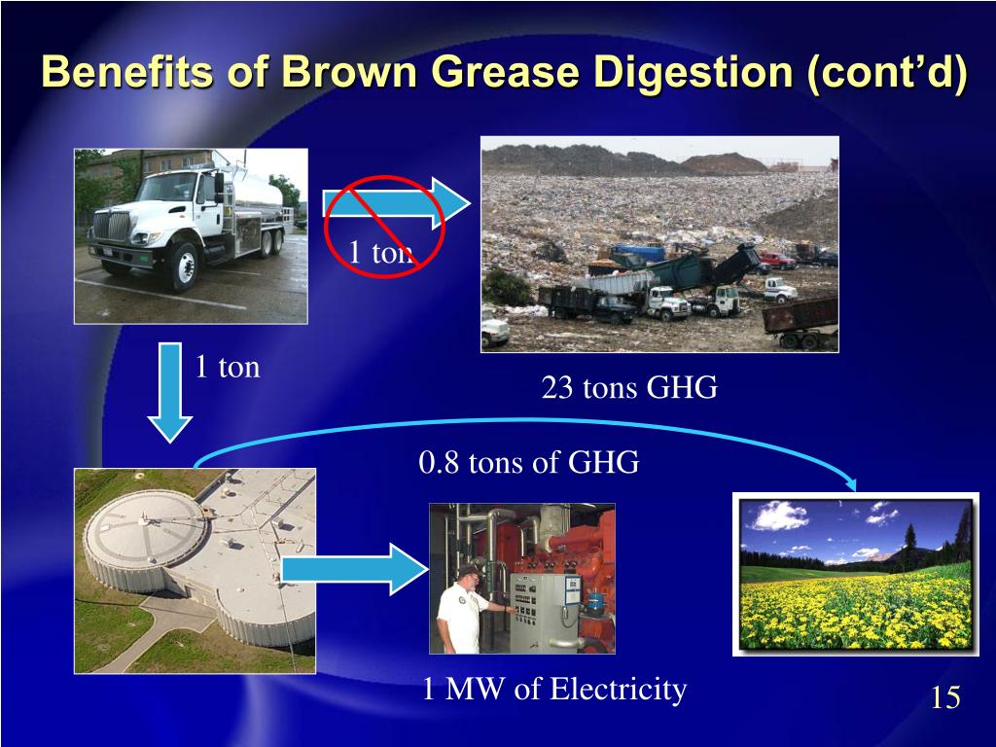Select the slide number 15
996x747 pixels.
(944, 697)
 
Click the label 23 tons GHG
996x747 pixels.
(629, 389)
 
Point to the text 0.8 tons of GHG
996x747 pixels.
(529, 463)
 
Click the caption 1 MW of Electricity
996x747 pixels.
(554, 691)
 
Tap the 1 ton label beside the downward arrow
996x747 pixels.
(228, 368)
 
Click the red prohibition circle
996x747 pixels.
(384, 226)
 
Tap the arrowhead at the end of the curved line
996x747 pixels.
(852, 483)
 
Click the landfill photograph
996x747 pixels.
(659, 243)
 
